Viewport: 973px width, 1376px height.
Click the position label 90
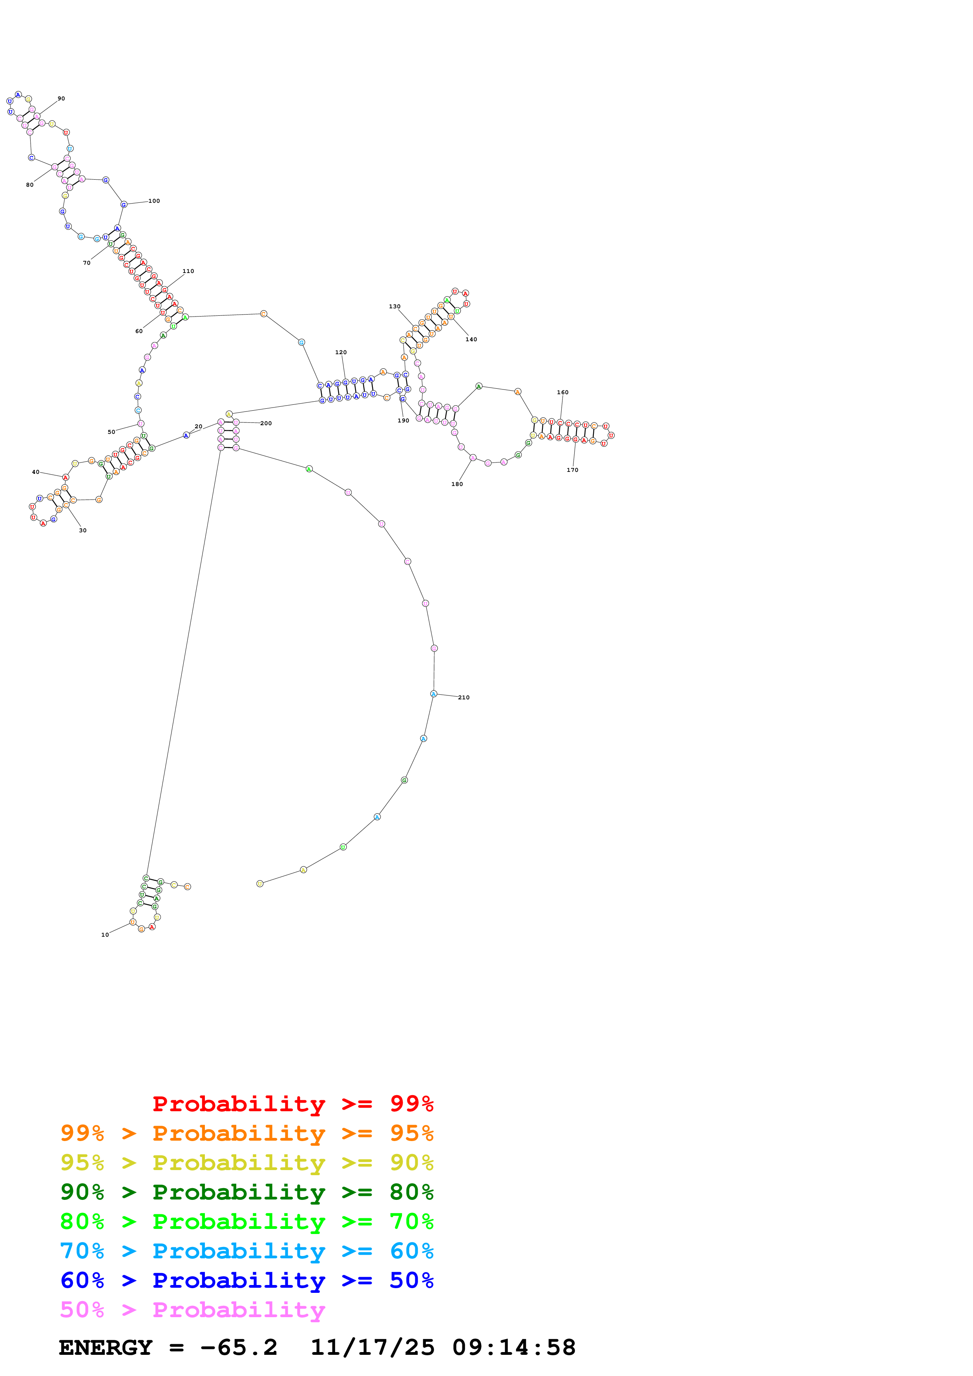click(x=61, y=99)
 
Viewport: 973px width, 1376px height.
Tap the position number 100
click(x=154, y=201)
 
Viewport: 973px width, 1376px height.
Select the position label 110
click(x=188, y=271)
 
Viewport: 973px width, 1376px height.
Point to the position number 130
click(x=394, y=307)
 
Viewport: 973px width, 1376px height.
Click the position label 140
click(x=471, y=340)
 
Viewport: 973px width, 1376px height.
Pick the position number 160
click(x=562, y=393)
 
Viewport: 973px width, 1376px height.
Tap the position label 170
click(x=573, y=470)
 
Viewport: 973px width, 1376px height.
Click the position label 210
click(x=464, y=697)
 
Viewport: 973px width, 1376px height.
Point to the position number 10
click(x=105, y=935)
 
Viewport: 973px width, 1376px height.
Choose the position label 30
click(x=83, y=530)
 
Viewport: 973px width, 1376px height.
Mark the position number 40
click(x=35, y=472)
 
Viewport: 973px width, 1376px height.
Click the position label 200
click(x=266, y=424)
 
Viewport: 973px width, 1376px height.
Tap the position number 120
click(x=341, y=352)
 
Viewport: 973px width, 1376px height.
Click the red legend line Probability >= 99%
click(x=292, y=1104)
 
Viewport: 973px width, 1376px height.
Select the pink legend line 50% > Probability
click(x=192, y=1309)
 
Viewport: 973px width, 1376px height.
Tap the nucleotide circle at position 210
click(x=433, y=694)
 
